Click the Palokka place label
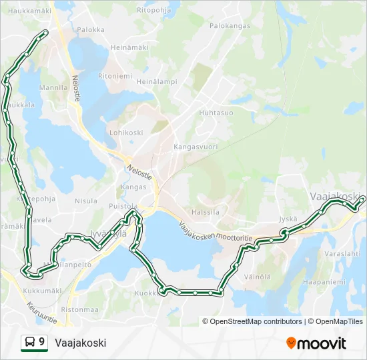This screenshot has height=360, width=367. click(x=91, y=29)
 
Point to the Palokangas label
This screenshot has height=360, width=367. click(x=230, y=26)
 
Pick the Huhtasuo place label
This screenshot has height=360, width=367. click(x=216, y=113)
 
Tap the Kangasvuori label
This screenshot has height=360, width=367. click(x=196, y=146)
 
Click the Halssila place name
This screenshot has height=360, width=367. click(x=205, y=212)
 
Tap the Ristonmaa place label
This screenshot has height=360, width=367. click(x=79, y=309)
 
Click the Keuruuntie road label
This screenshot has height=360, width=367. click(x=42, y=314)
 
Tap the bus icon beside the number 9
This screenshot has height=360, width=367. click(x=29, y=343)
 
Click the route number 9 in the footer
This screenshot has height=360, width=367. click(x=42, y=342)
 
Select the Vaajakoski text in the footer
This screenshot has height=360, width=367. click(x=81, y=343)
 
